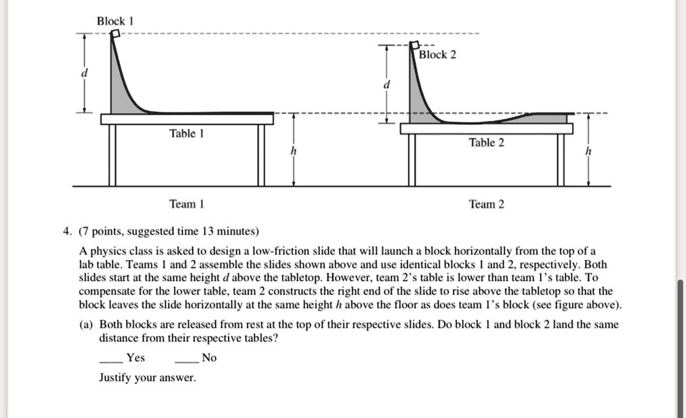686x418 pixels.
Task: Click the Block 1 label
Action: [115, 21]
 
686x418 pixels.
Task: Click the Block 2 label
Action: [438, 54]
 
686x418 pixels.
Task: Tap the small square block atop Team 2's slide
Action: [411, 48]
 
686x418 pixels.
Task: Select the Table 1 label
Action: [183, 134]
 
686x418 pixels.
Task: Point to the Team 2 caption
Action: [487, 204]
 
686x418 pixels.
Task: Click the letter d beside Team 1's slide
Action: [85, 73]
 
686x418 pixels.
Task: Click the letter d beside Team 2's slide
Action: [387, 85]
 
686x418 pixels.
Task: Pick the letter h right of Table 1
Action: [293, 152]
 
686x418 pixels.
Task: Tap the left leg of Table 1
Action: [112, 155]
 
